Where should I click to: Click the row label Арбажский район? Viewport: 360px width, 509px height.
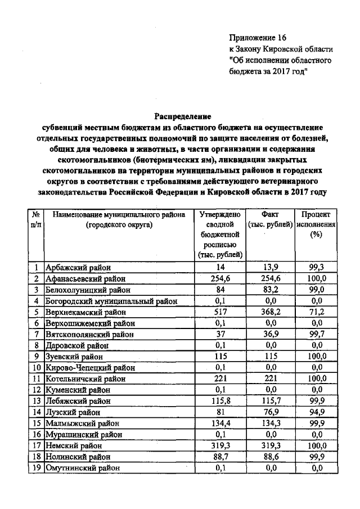78,267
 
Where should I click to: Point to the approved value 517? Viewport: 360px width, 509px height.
219,312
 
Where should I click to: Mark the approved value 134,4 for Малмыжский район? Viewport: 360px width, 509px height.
219,424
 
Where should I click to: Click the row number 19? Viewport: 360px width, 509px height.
35,468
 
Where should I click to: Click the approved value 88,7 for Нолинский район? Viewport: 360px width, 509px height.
219,457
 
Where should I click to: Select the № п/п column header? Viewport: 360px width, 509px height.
35,219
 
